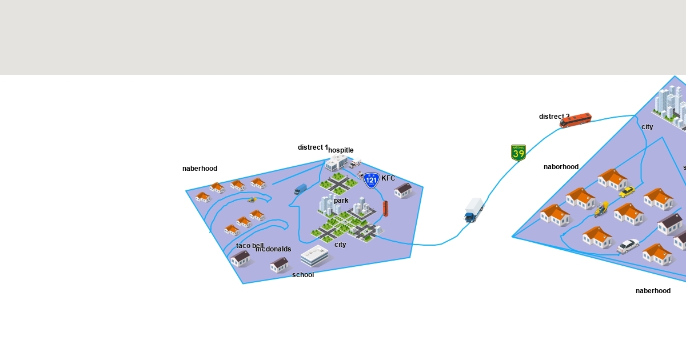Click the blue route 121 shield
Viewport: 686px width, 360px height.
372,181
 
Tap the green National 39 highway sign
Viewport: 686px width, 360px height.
518,153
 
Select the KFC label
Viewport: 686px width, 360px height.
388,178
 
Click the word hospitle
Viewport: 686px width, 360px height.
341,150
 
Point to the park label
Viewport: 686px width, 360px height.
341,201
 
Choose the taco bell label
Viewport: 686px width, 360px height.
250,246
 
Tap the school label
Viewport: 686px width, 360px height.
303,275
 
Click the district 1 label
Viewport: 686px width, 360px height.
313,147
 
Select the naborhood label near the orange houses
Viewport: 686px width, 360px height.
561,167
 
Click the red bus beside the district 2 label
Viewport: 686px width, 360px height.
576,120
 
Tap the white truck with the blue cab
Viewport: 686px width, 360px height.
474,210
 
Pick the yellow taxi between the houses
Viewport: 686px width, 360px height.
627,191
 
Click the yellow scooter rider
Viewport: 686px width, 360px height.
601,209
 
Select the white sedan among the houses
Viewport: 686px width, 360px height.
628,246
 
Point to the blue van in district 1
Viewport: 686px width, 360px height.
300,189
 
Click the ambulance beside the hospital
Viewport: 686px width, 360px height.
355,164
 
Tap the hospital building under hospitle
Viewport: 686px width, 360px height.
336,163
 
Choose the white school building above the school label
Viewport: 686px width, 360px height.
314,255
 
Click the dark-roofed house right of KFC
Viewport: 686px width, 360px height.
404,190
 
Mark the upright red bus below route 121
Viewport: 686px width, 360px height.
385,208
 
